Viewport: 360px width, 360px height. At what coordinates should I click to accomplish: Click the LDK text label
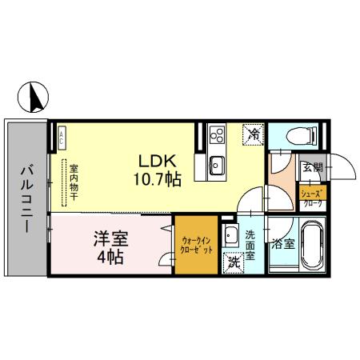pos(158,159)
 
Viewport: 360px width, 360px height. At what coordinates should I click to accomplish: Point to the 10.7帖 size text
pos(158,178)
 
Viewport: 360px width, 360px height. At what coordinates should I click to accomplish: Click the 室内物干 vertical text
pos(73,185)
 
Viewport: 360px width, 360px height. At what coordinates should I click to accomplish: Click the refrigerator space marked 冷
pos(252,135)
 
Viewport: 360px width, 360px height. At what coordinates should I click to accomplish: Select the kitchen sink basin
pos(216,166)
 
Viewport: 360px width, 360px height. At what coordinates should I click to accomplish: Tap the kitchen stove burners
pos(216,135)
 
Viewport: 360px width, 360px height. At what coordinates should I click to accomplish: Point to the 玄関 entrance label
pos(311,168)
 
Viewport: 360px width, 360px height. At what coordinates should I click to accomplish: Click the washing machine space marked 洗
pos(234,260)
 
